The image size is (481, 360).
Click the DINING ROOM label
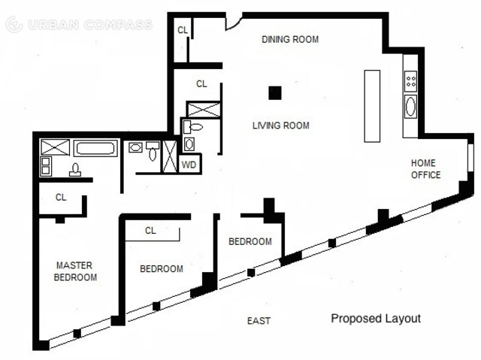point(290,39)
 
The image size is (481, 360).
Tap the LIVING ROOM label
point(280,126)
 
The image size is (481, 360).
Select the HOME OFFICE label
point(426,168)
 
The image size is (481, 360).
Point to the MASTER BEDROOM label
point(75,271)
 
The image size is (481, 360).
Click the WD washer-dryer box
point(189,164)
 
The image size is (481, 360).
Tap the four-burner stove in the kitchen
point(411,81)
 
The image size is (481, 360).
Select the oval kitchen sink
point(411,106)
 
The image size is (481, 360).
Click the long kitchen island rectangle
point(372,106)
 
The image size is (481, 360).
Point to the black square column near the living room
point(275,93)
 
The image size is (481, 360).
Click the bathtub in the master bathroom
point(95,148)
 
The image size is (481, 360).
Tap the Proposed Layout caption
point(376,319)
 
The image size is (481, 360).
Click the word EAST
point(259,321)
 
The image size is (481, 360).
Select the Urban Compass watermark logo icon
point(14,25)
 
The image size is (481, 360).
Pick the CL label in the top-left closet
point(183,30)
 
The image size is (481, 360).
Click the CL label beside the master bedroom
point(61,197)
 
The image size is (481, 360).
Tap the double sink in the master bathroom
point(46,166)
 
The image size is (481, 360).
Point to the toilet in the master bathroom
point(75,170)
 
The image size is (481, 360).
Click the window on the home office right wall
point(471,156)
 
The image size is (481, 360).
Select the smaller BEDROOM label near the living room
point(250,242)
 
